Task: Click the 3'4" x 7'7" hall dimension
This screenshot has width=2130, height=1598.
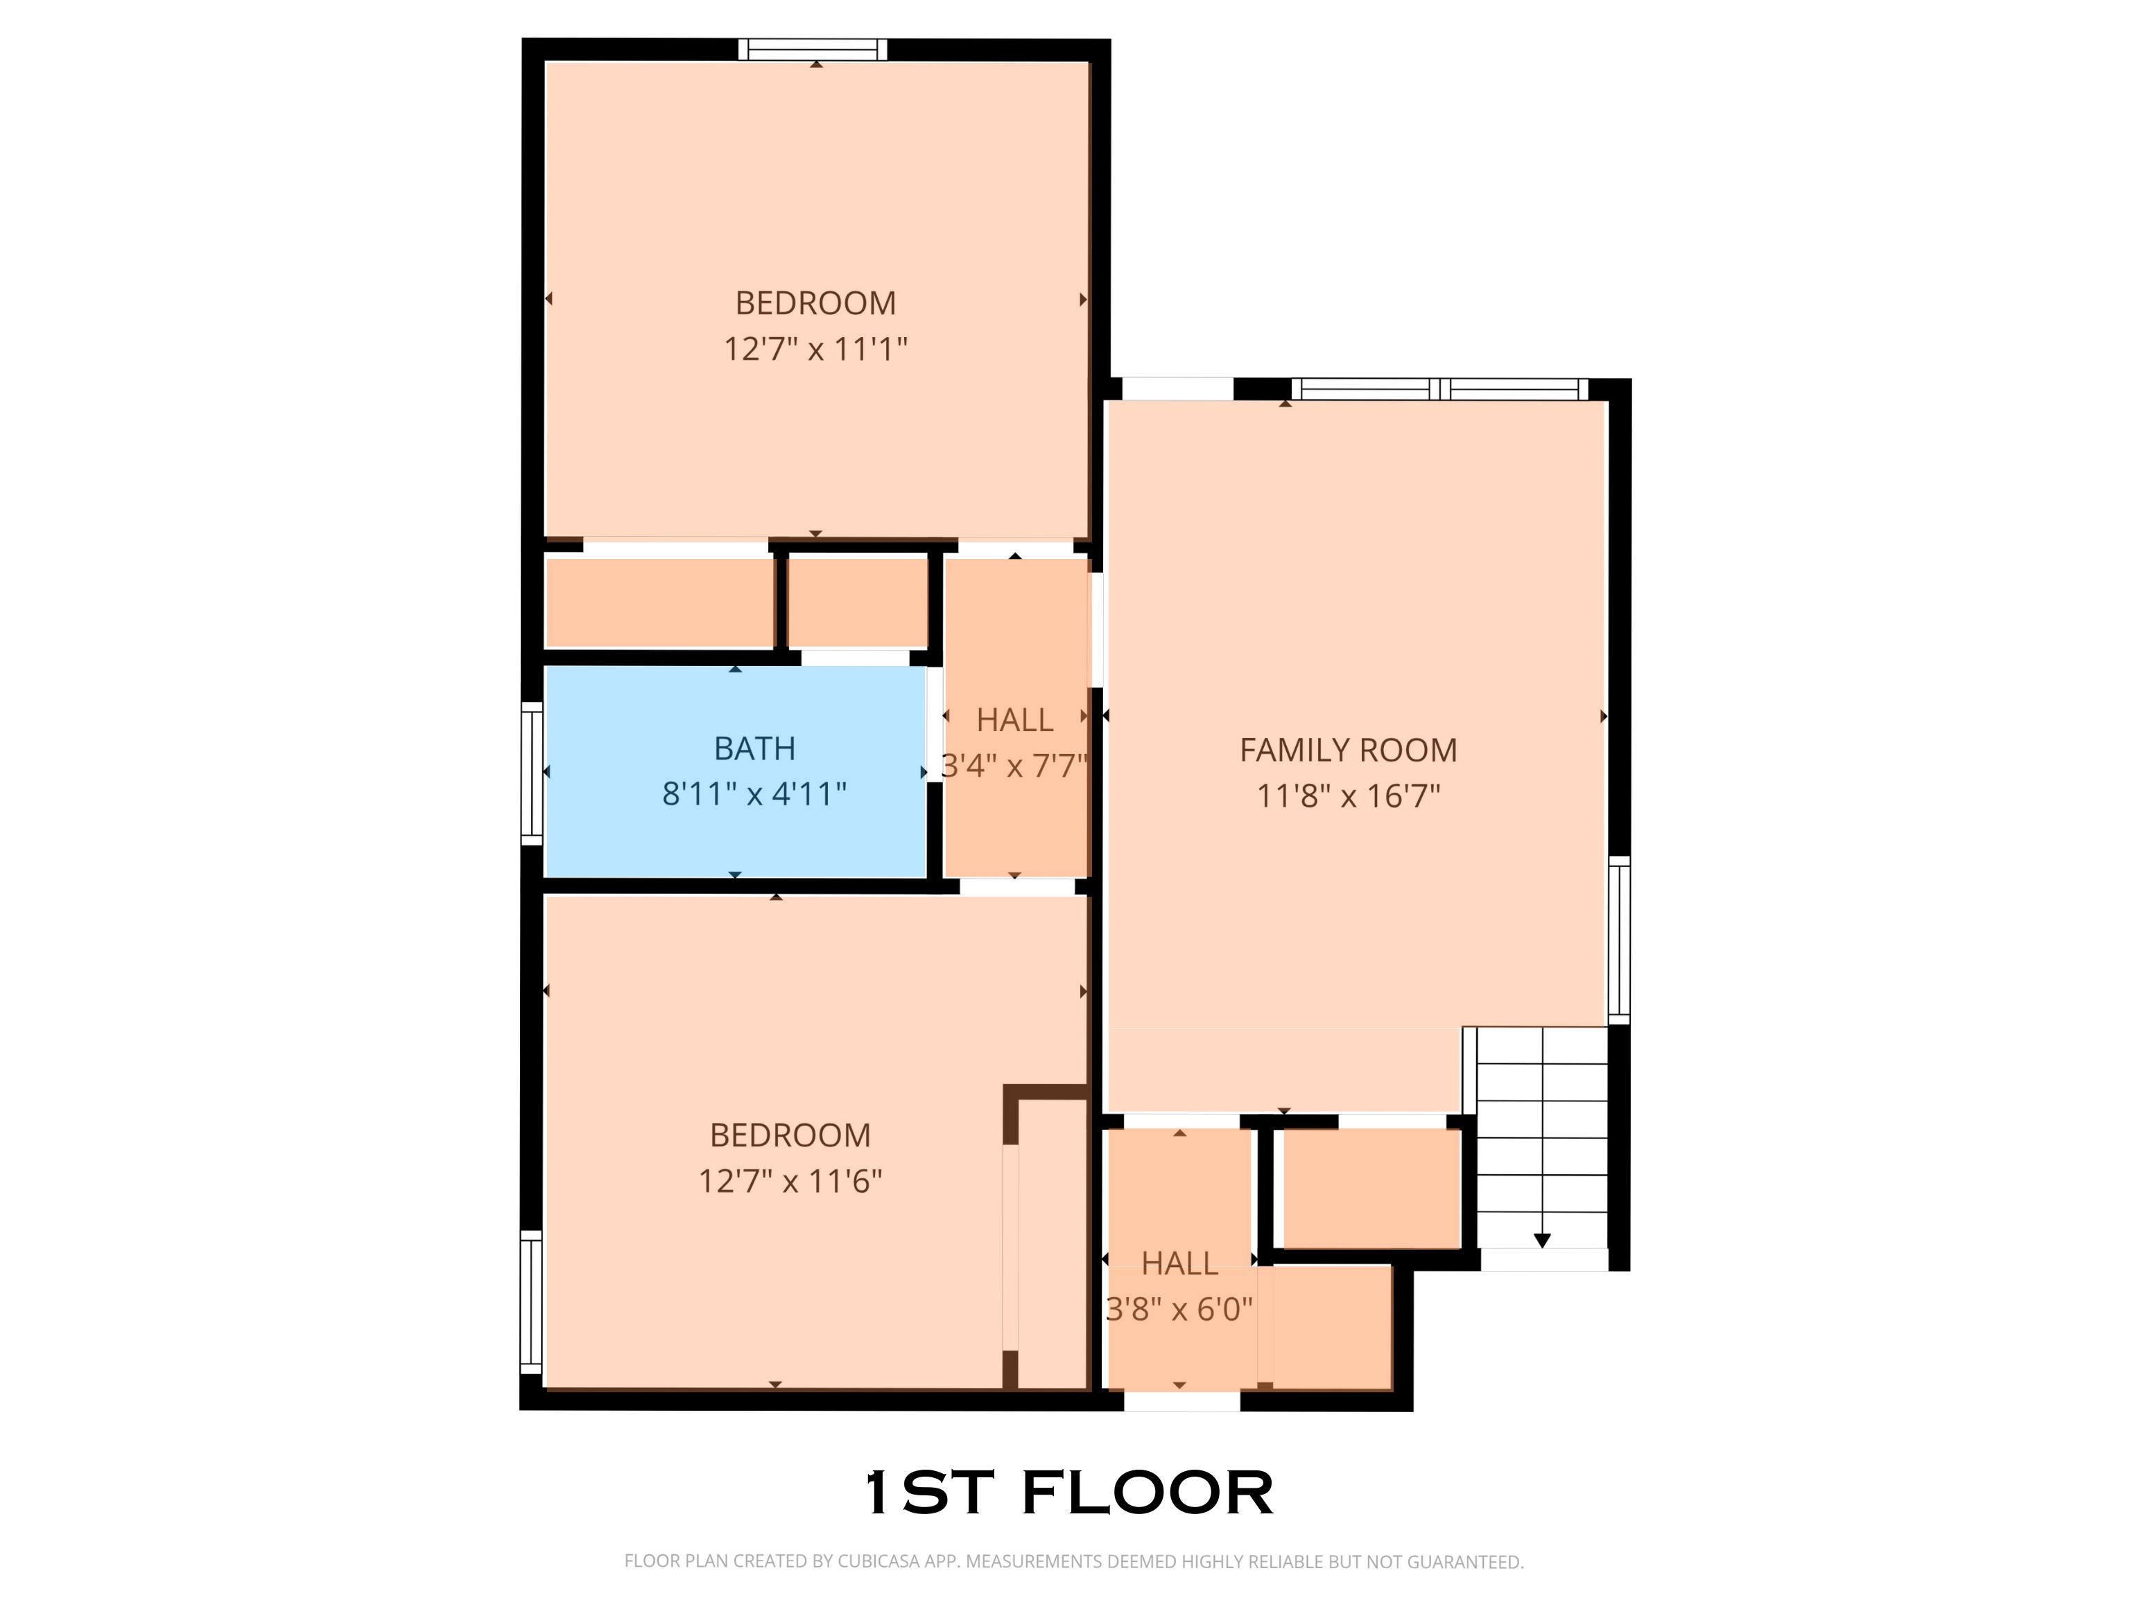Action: [x=1015, y=766]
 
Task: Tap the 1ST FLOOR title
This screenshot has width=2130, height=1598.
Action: [x=1069, y=1492]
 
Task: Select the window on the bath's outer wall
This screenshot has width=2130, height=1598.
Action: [x=532, y=773]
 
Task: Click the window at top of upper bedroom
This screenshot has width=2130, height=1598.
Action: [x=813, y=49]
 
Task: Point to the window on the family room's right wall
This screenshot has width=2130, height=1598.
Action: [x=1620, y=940]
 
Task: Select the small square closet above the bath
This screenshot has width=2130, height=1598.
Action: [x=858, y=603]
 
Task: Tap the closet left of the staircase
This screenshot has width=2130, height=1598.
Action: [x=1372, y=1189]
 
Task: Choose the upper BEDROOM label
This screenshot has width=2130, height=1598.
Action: [x=815, y=302]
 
